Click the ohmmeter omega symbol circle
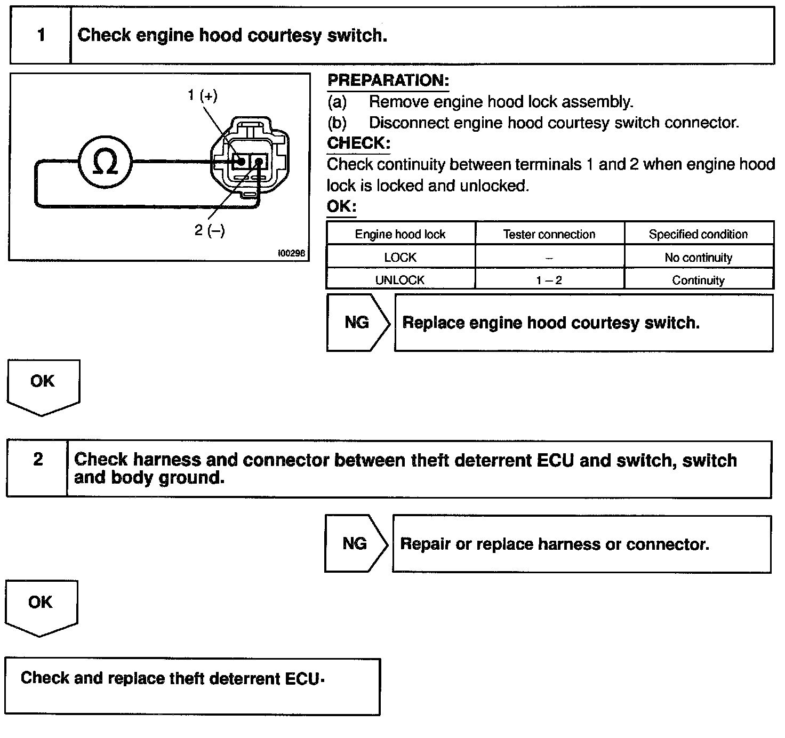pyautogui.click(x=105, y=162)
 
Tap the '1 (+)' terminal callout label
pyautogui.click(x=203, y=95)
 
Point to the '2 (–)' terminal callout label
pyautogui.click(x=210, y=230)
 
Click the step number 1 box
pyautogui.click(x=41, y=36)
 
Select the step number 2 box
pyautogui.click(x=38, y=460)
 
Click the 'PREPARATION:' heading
pyautogui.click(x=388, y=81)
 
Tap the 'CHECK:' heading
pyautogui.click(x=358, y=143)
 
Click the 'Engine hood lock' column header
pyautogui.click(x=400, y=234)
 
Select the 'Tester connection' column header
pyautogui.click(x=549, y=234)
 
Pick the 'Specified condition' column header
pyautogui.click(x=698, y=234)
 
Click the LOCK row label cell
pyautogui.click(x=400, y=258)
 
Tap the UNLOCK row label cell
pyautogui.click(x=400, y=280)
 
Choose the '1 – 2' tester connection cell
pyautogui.click(x=549, y=280)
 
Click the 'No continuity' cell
pyautogui.click(x=698, y=258)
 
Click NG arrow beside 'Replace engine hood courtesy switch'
pyautogui.click(x=357, y=323)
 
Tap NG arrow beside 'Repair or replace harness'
pyautogui.click(x=355, y=544)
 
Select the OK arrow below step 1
pyautogui.click(x=43, y=385)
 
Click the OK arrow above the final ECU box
pyautogui.click(x=41, y=606)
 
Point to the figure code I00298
pyautogui.click(x=291, y=253)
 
